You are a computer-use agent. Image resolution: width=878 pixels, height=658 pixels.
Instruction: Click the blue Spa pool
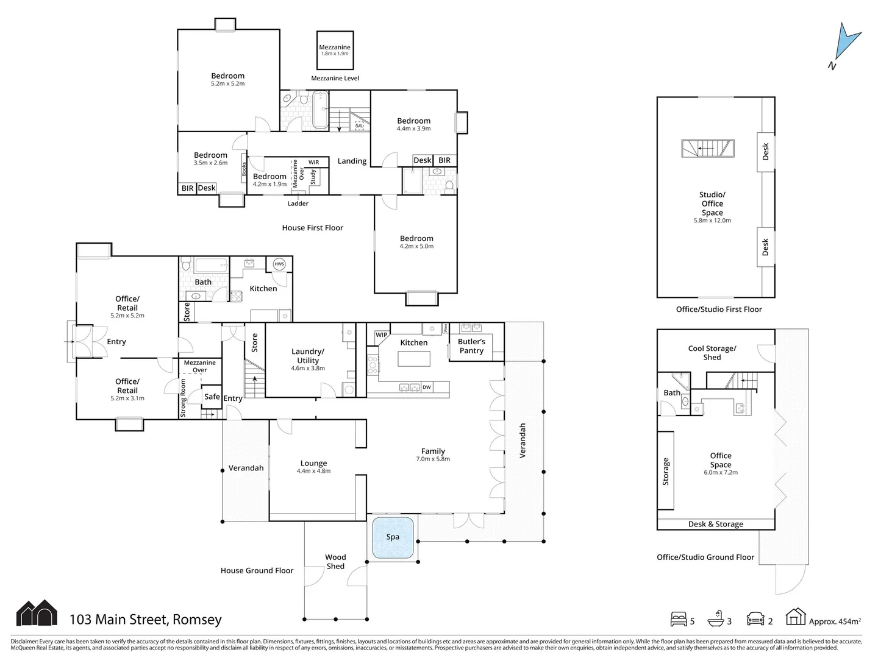pos(393,537)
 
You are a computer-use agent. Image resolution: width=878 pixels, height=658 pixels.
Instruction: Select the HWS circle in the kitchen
pos(279,264)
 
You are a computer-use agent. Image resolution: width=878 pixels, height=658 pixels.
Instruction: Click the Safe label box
pos(212,397)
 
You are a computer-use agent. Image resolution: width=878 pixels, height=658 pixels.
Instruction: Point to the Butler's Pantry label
pos(471,346)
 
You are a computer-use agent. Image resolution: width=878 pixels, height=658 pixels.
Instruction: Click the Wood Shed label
pos(335,562)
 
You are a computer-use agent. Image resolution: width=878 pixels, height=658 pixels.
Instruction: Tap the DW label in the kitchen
pos(427,387)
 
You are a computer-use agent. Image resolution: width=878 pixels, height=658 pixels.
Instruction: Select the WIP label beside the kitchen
pos(381,335)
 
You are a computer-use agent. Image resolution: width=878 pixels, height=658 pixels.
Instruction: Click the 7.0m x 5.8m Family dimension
pos(433,459)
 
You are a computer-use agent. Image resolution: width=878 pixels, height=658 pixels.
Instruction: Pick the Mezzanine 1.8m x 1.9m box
pos(335,50)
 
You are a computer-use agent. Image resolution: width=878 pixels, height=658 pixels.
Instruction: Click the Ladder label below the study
pos(298,203)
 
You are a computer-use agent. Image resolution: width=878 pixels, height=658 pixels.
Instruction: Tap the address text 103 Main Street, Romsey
pos(146,620)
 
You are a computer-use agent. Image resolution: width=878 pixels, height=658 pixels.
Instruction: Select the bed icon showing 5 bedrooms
pos(678,620)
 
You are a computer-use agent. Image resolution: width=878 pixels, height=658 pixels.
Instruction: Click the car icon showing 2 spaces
pos(755,620)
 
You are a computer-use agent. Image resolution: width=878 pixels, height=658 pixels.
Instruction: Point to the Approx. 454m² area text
pos(835,621)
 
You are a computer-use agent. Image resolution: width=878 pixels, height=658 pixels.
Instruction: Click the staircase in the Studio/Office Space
pos(708,148)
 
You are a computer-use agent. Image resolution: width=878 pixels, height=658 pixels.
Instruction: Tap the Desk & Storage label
pos(716,524)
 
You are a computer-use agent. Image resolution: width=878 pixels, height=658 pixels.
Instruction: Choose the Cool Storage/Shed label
pos(712,353)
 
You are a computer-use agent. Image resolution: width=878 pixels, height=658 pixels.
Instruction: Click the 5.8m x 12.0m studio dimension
pos(712,221)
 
